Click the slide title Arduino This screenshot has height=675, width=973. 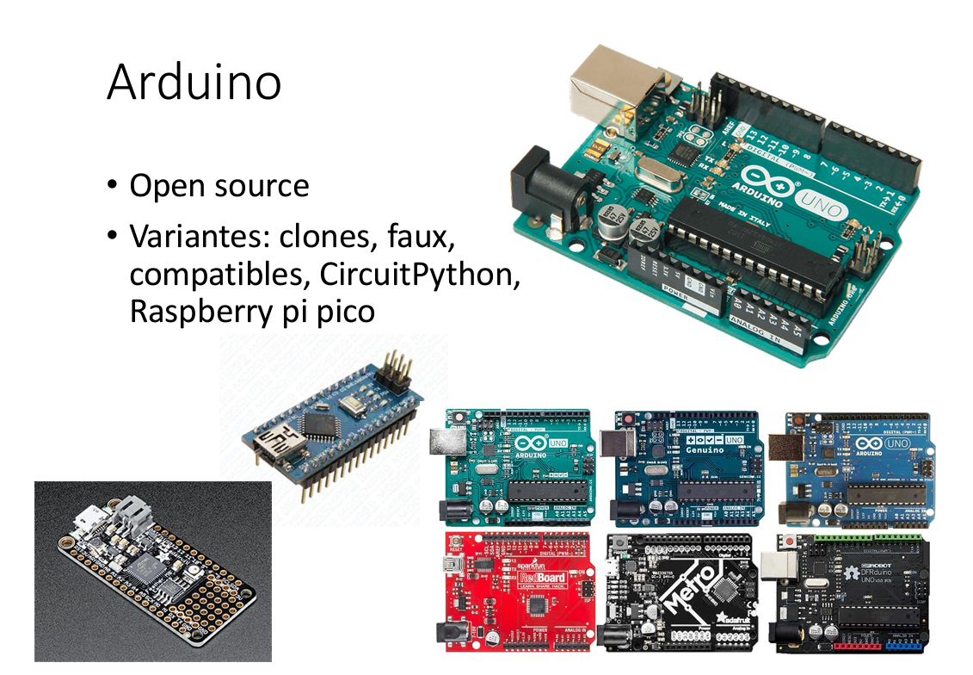[x=194, y=84]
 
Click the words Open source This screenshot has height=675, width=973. [x=219, y=186]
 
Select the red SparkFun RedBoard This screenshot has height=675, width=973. [x=516, y=595]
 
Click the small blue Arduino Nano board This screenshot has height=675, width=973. [x=323, y=426]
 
